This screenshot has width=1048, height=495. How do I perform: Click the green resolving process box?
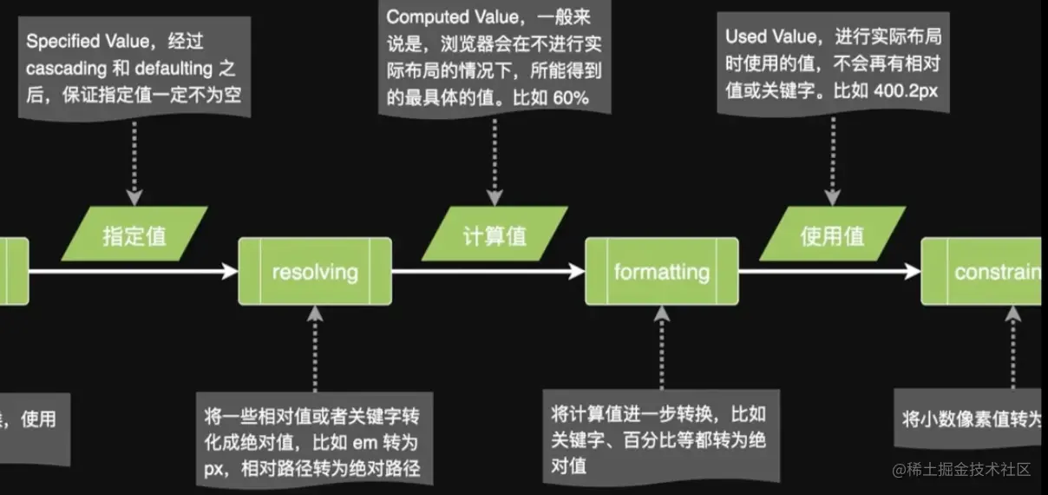pos(315,271)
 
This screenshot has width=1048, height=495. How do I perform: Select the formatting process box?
pos(661,271)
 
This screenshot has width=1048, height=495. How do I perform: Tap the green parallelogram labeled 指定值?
pos(134,234)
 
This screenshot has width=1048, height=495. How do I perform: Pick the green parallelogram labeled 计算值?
pos(495,234)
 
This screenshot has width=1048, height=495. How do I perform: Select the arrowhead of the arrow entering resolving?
pos(231,271)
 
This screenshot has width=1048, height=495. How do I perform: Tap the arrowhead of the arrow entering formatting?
pos(577,271)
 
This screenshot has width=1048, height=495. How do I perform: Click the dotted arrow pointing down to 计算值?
pos(495,161)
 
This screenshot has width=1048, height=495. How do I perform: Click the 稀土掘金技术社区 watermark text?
pos(970,470)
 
